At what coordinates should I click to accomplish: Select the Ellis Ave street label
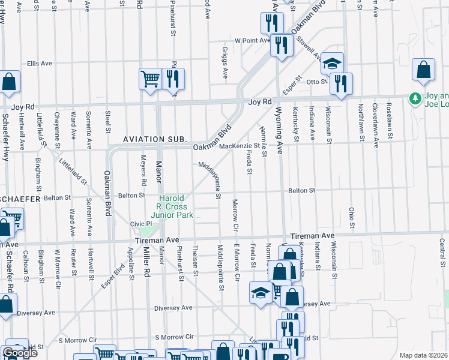(40, 63)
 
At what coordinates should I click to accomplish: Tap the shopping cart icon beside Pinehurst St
(150, 79)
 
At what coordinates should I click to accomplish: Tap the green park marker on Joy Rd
(414, 98)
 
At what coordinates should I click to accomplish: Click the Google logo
(20, 353)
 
